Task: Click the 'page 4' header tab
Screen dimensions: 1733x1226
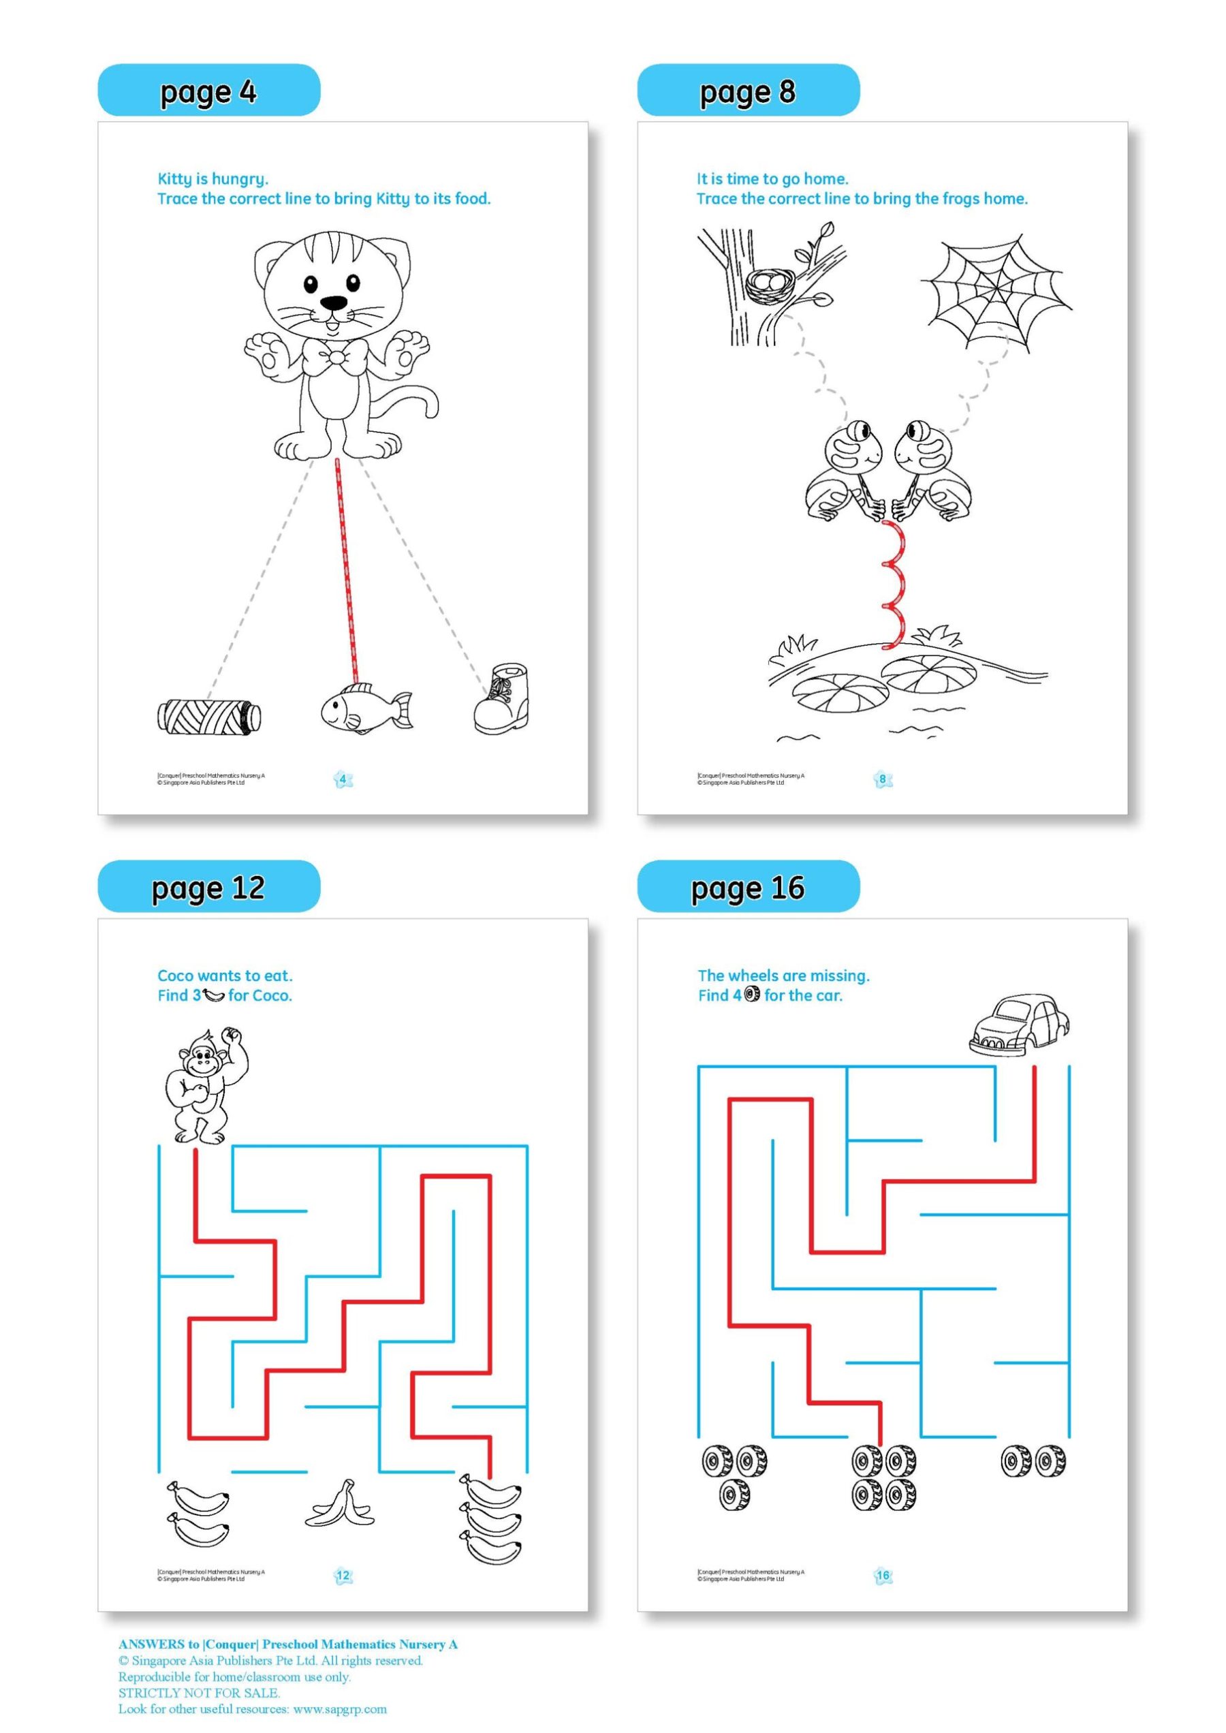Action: (x=208, y=91)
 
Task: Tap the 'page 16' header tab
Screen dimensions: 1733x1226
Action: (x=747, y=887)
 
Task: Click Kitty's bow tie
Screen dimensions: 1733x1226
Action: (x=335, y=356)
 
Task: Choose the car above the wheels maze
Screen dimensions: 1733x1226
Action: (x=1019, y=1025)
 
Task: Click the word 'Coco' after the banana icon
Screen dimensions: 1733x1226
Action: (x=271, y=996)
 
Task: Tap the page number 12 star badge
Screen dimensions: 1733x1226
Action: (x=343, y=1569)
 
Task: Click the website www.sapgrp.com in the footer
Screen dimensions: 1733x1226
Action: (x=340, y=1709)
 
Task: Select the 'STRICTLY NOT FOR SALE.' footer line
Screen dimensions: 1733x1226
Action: (x=199, y=1692)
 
